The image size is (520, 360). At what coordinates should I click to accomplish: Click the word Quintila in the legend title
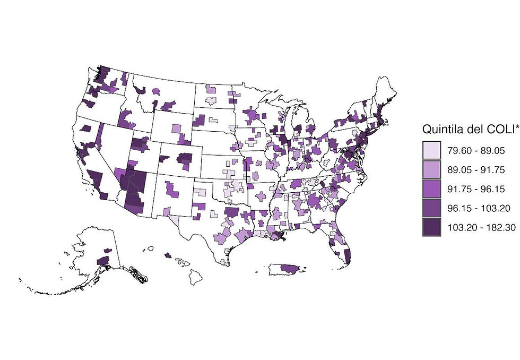pos(439,129)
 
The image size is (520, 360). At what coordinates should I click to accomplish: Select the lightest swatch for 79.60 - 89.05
pos(432,151)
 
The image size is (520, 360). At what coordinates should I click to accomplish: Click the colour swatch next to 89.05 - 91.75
pos(432,170)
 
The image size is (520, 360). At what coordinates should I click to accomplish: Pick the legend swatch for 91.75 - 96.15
pos(432,189)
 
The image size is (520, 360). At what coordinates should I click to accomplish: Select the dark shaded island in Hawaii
pos(168,255)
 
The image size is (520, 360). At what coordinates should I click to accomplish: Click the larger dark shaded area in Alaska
pos(103,260)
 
